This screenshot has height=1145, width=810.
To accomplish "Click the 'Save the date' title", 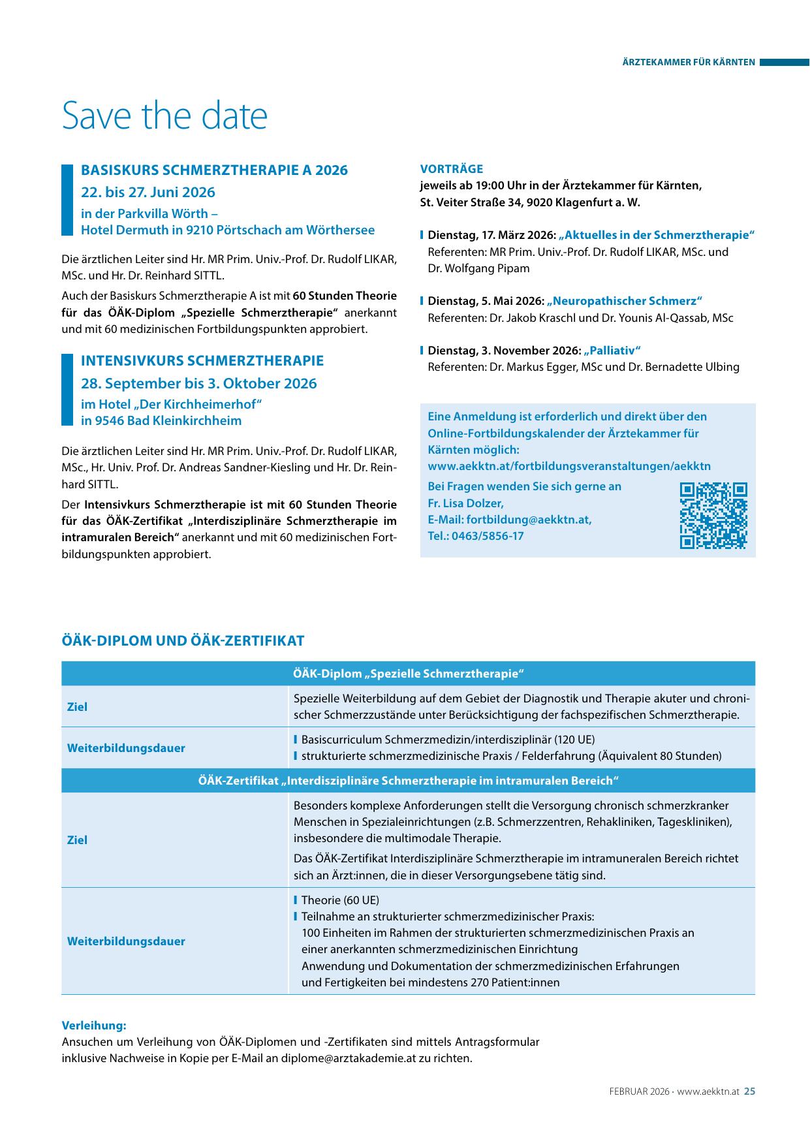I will coord(164,116).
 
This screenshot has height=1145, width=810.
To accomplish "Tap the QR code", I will coord(713,516).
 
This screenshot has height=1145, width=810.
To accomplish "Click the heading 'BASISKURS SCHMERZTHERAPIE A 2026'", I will coord(214,170).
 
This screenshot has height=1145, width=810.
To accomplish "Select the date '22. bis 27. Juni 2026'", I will coord(148,193).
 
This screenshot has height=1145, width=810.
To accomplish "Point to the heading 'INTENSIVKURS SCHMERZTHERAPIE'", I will coord(202,361).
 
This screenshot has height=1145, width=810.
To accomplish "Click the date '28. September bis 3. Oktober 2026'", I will coord(198,383).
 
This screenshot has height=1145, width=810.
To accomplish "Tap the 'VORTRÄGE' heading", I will coord(452,169).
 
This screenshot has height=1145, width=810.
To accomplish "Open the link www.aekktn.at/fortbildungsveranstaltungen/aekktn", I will coord(569,466).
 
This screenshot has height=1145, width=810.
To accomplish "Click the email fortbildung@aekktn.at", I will coord(529,520).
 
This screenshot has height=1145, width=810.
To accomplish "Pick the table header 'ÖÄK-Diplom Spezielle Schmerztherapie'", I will coord(408,674).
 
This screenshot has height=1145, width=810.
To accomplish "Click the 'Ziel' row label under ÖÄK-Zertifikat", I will coord(77,840).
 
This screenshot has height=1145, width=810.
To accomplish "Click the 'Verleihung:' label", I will coord(94,1026).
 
